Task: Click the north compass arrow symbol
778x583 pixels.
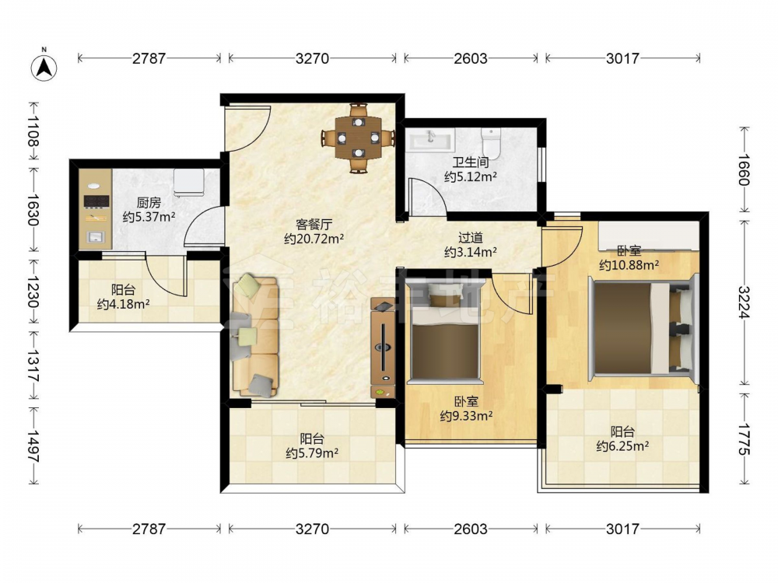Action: tap(44, 66)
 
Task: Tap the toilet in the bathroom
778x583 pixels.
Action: tap(491, 141)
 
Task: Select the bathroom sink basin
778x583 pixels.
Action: tap(431, 139)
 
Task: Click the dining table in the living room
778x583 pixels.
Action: tap(358, 138)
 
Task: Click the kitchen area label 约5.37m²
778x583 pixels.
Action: tap(149, 217)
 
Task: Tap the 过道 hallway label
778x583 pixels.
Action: tap(470, 239)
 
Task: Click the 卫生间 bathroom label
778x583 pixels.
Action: tap(471, 162)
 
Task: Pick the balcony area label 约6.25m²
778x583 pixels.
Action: tap(622, 446)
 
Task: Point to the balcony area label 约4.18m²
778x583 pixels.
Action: tap(123, 304)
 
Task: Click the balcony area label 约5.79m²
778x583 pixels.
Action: tap(312, 453)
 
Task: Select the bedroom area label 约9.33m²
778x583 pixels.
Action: tap(466, 415)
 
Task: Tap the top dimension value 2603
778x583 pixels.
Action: tap(471, 58)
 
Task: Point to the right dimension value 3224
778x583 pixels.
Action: tap(744, 302)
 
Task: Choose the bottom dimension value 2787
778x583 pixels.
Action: tap(149, 529)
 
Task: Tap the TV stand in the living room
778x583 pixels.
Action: tap(383, 347)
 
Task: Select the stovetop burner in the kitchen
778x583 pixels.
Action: tap(96, 201)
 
